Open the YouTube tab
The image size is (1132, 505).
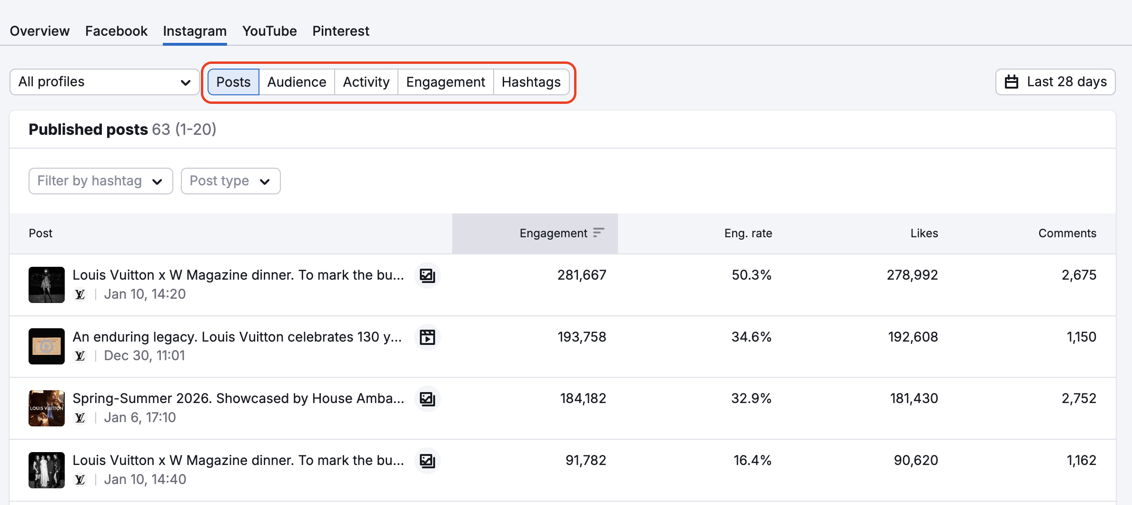[269, 31]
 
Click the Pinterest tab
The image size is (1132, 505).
[340, 31]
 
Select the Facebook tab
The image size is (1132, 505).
[116, 31]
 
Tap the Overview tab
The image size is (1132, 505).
[40, 31]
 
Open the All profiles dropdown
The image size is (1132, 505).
[104, 82]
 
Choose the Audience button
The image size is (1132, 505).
[297, 82]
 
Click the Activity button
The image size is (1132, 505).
[366, 82]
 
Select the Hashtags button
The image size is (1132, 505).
[531, 82]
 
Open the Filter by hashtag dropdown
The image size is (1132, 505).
[100, 181]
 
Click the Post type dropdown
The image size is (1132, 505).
[230, 181]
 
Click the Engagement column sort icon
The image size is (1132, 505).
[598, 232]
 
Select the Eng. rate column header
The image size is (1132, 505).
[748, 233]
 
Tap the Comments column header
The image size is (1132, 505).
[1067, 233]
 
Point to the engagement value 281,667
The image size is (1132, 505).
[582, 275]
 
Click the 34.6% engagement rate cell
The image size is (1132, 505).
[751, 337]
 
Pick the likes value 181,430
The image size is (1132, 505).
[914, 398]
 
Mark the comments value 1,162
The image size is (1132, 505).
[1081, 460]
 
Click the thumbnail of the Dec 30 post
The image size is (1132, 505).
[47, 346]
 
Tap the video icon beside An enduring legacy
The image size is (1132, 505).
[427, 337]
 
